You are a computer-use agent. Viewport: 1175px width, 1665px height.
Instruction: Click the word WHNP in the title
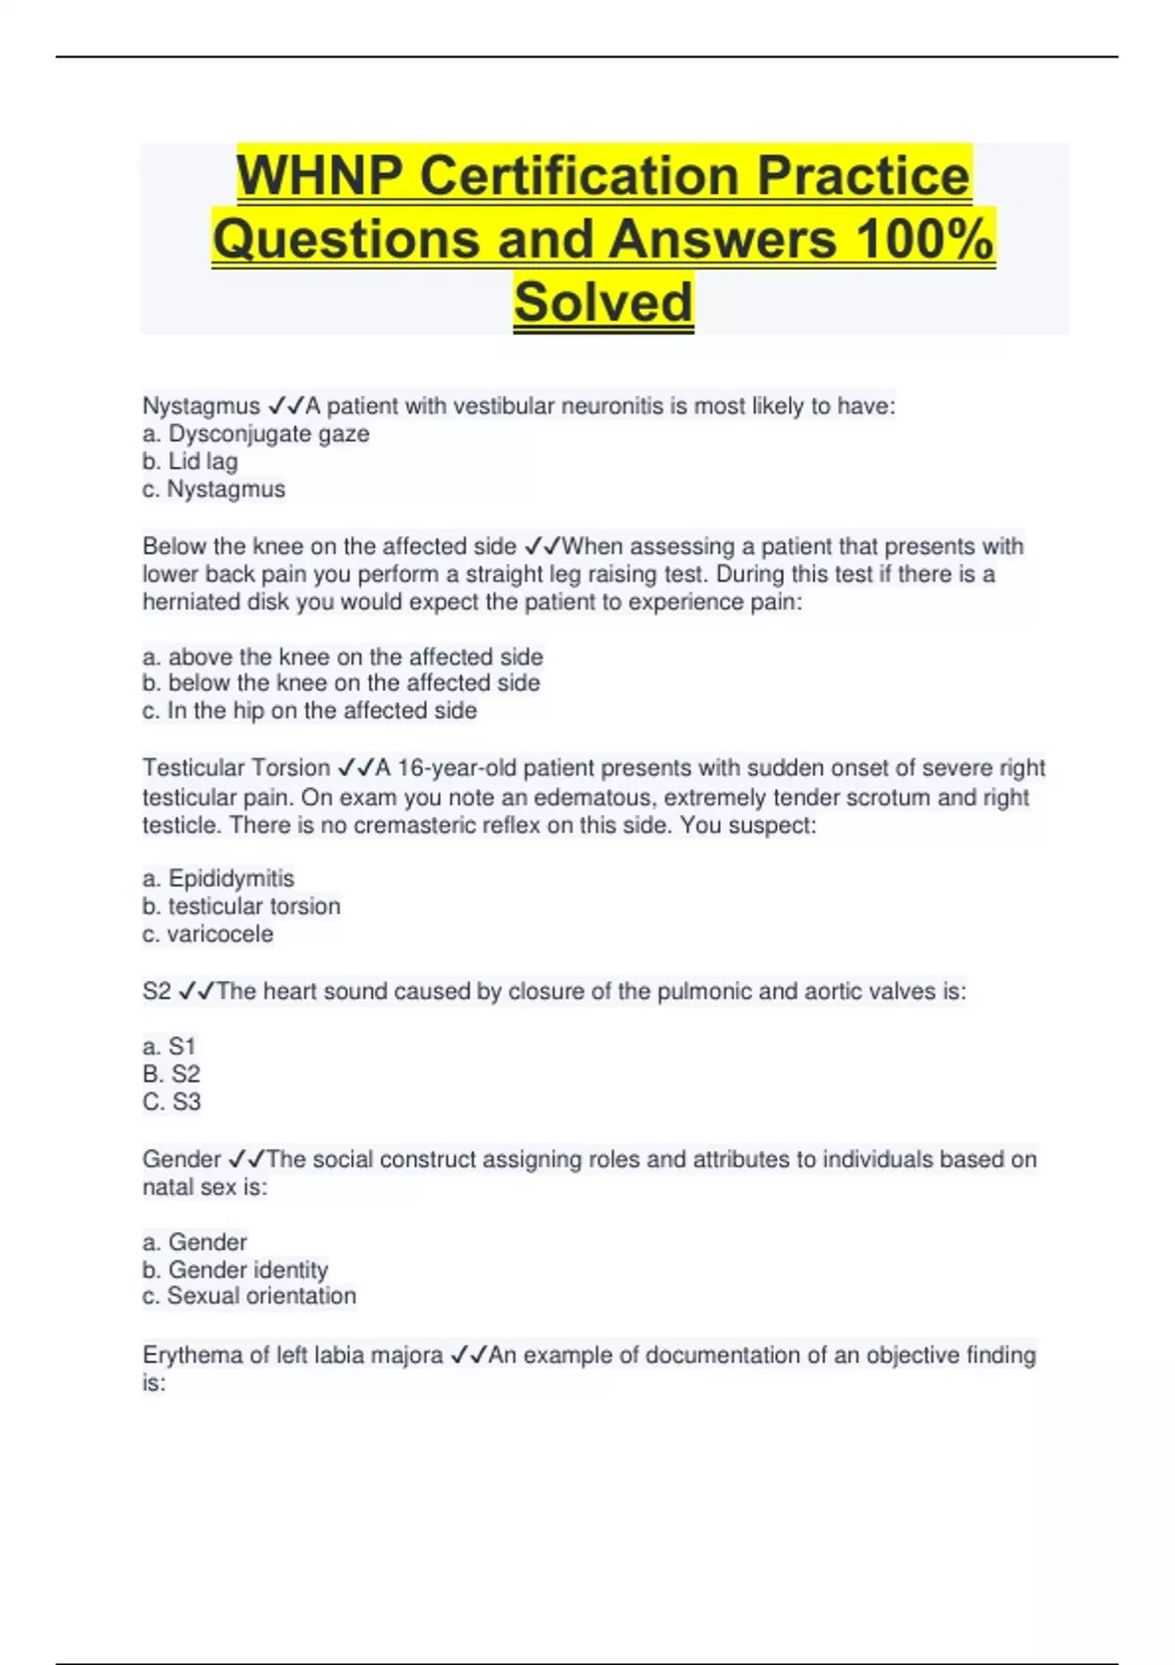(319, 177)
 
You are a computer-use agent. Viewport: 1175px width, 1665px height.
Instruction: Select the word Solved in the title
(603, 303)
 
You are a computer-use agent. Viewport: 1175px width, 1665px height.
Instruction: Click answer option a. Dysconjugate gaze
(256, 434)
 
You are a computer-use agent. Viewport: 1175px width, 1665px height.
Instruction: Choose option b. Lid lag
(190, 461)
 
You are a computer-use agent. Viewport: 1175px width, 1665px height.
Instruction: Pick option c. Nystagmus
(213, 489)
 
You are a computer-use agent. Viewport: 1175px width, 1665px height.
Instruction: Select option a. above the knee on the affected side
(343, 656)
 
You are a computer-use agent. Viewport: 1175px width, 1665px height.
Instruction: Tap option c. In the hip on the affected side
(309, 711)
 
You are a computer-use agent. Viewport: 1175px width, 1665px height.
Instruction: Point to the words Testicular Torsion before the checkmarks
(236, 768)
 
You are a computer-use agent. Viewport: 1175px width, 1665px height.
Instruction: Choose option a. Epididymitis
(217, 879)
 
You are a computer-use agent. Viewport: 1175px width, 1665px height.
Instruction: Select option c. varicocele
(208, 934)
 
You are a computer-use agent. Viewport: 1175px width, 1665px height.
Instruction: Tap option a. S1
(169, 1047)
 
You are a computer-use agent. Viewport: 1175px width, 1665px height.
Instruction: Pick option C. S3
(171, 1102)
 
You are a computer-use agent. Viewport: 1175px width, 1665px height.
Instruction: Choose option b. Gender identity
(235, 1270)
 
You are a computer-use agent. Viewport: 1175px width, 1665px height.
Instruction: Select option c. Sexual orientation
(249, 1297)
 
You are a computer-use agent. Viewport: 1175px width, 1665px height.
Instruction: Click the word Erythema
(191, 1356)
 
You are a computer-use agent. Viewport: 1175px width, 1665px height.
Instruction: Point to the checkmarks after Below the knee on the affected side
(542, 547)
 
